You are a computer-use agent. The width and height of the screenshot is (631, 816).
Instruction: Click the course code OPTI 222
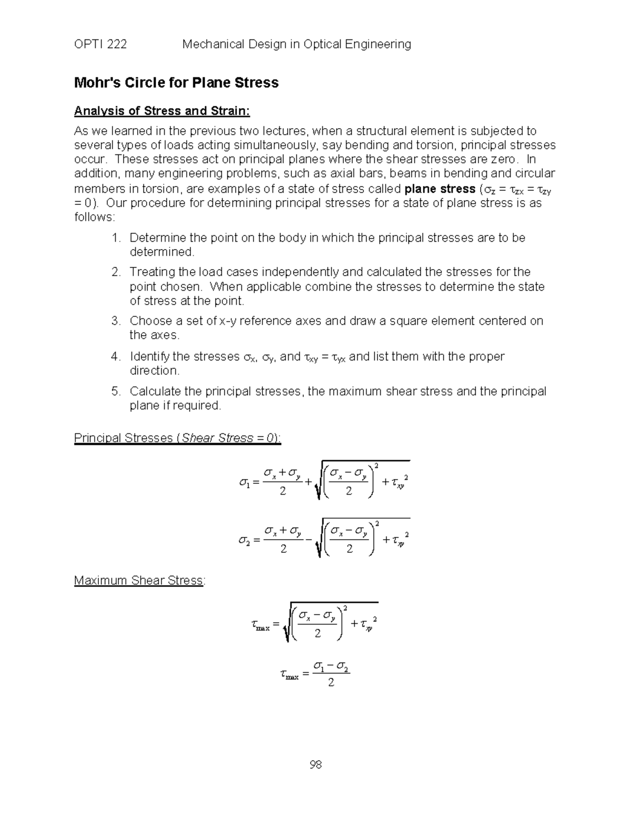(x=100, y=44)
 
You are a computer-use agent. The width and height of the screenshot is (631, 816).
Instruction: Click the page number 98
(x=315, y=765)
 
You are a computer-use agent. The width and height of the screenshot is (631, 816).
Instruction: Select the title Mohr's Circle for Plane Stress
(x=176, y=82)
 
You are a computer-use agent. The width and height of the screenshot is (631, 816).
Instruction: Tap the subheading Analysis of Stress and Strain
(x=162, y=111)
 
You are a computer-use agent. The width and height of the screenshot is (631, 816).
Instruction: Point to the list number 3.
(x=116, y=321)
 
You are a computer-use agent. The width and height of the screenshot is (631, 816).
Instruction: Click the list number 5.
(x=116, y=391)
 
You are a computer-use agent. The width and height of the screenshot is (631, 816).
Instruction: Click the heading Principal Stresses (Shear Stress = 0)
(x=177, y=438)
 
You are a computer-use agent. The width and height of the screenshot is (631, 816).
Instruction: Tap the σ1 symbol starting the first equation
(x=244, y=482)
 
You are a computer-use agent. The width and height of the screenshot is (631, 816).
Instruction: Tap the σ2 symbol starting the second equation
(x=244, y=540)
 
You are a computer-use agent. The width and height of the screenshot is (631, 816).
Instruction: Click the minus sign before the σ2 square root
(x=309, y=541)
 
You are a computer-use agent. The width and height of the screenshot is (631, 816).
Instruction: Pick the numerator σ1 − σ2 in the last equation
(x=331, y=667)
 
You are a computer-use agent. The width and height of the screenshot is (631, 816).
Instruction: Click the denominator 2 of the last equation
(x=331, y=683)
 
